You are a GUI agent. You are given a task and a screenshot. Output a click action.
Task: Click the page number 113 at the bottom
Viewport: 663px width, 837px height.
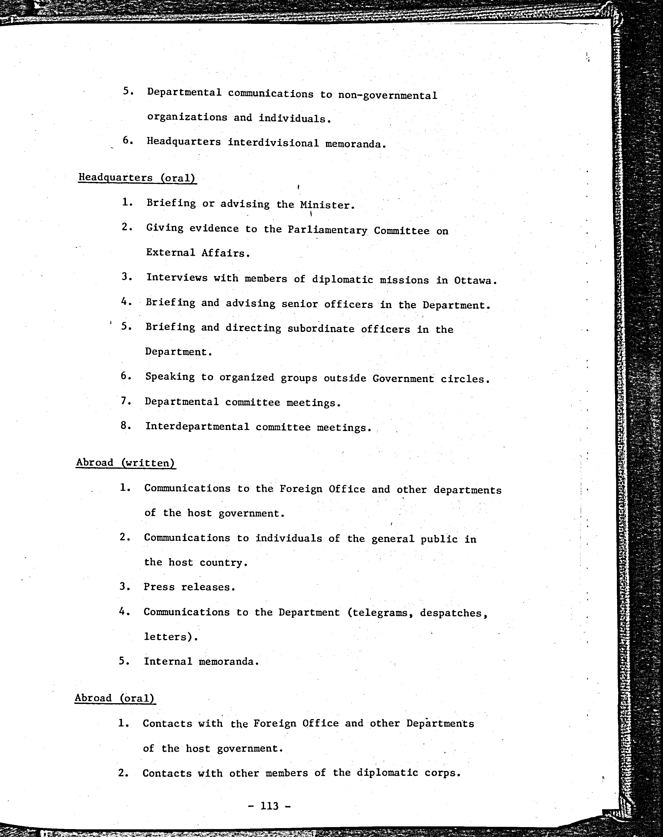[x=270, y=806]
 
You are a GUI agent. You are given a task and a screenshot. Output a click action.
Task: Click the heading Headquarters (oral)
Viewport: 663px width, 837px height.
[x=137, y=178]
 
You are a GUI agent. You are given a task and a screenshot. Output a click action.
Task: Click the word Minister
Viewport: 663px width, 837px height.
[x=327, y=205]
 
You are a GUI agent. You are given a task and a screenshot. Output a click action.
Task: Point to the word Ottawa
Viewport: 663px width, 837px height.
[x=475, y=281]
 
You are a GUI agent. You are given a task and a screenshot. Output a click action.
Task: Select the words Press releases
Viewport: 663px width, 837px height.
[x=189, y=587]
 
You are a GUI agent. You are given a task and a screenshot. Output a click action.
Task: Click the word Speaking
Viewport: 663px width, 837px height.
[x=170, y=377]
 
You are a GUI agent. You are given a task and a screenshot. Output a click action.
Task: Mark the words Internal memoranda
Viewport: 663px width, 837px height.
[x=201, y=661]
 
